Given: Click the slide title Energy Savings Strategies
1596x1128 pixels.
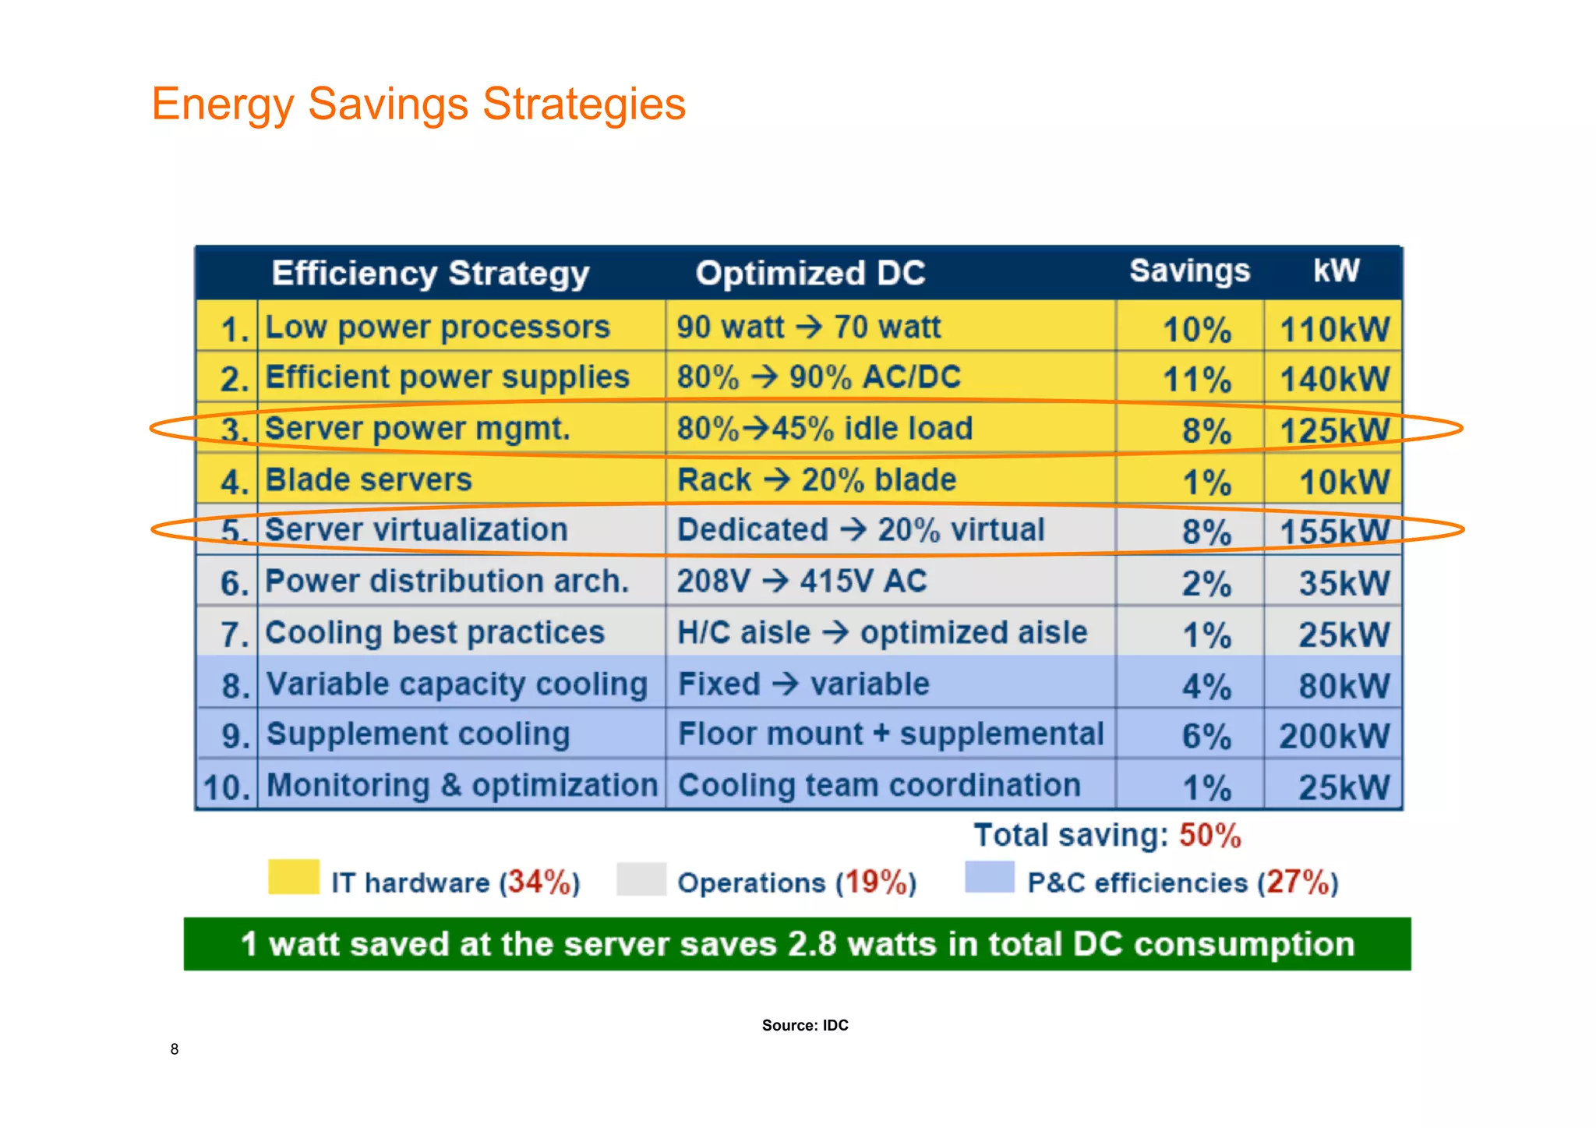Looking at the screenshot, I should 418,104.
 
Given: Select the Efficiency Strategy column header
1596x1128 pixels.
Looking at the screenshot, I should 430,274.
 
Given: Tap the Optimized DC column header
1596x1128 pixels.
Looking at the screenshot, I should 810,274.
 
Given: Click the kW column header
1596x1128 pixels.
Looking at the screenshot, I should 1336,271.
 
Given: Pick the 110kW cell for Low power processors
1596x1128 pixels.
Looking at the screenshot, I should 1334,329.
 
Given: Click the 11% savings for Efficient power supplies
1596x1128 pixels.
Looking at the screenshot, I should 1197,380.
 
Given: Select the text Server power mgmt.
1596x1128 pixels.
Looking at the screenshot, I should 418,429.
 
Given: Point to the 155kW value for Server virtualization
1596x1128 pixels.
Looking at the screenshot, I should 1334,532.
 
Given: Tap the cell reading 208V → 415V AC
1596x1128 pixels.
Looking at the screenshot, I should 802,582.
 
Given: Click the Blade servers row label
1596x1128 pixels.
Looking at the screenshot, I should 369,480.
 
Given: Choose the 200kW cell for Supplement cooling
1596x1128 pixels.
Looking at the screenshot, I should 1334,736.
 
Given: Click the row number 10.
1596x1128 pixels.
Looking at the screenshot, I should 226,787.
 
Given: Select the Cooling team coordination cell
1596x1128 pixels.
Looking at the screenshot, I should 880,786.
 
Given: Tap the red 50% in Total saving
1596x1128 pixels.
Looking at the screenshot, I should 1209,836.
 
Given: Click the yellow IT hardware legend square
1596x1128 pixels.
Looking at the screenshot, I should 294,877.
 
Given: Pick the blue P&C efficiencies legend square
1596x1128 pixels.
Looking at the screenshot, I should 990,877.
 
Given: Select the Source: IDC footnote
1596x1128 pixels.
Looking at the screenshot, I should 805,1025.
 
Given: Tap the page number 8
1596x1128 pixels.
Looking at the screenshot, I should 175,1049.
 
